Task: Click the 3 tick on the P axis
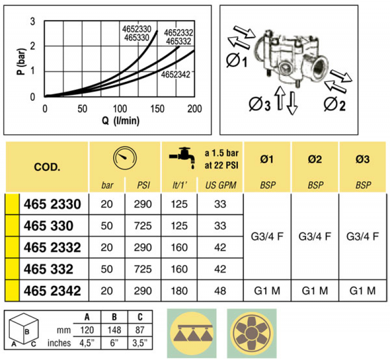click(33, 21)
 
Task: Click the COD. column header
click(47, 167)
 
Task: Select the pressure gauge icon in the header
click(124, 158)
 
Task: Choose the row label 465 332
click(48, 269)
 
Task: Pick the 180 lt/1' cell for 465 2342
click(179, 291)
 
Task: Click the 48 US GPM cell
click(220, 291)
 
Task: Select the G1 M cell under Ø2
click(315, 291)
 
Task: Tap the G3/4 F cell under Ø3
click(363, 237)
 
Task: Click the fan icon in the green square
click(252, 333)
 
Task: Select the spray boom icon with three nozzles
click(192, 333)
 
